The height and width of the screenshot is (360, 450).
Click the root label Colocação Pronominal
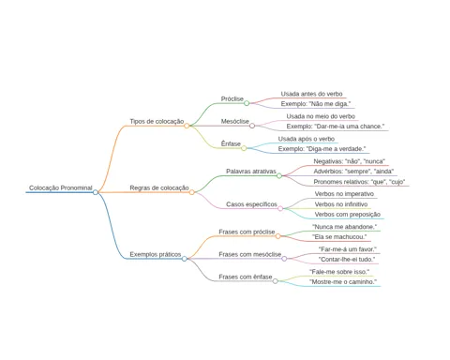[x=61, y=187]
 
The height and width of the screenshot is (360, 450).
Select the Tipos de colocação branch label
[x=157, y=121]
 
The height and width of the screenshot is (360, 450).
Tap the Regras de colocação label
[x=159, y=187]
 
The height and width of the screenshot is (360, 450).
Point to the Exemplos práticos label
[x=156, y=254]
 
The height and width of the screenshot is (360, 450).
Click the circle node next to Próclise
[x=247, y=103]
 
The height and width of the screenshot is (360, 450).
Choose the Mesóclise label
[x=235, y=121]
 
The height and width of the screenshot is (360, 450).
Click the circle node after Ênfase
[x=244, y=148]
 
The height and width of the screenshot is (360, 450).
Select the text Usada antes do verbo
[x=311, y=94]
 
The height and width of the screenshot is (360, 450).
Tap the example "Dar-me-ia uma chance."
[x=336, y=127]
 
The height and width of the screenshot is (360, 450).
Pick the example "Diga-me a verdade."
[x=322, y=149]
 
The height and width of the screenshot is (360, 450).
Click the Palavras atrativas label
[x=251, y=172]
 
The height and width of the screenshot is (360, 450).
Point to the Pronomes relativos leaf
[x=359, y=182]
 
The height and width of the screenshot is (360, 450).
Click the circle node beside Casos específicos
[x=280, y=208]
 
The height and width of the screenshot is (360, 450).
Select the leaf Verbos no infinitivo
[x=341, y=204]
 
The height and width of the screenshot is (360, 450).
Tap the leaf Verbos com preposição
[x=348, y=215]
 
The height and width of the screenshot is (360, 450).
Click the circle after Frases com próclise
[x=277, y=236]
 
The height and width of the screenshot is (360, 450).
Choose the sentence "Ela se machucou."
[x=339, y=237]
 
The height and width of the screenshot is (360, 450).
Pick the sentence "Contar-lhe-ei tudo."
[x=347, y=260]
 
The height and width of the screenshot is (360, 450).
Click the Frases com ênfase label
[x=246, y=277]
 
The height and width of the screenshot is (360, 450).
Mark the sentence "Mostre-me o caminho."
[x=343, y=282]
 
